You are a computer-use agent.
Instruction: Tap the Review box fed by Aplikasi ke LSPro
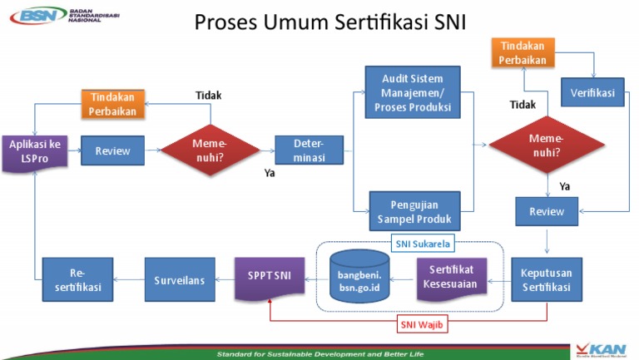pos(112,150)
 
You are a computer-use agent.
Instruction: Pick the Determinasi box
pos(309,150)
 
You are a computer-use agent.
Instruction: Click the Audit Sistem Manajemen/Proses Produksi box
pos(413,92)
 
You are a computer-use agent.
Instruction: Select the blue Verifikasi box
pos(592,93)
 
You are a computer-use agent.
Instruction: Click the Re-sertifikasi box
pos(77,279)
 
